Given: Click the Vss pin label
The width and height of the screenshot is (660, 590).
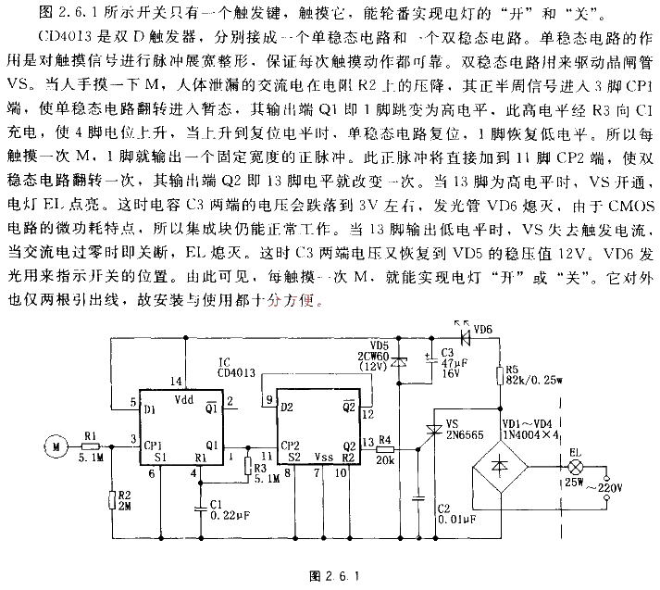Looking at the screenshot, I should [x=324, y=456].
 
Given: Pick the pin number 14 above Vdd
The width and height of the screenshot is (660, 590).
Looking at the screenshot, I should [x=177, y=381].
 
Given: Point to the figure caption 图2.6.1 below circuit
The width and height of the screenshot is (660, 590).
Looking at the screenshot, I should [x=330, y=576].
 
